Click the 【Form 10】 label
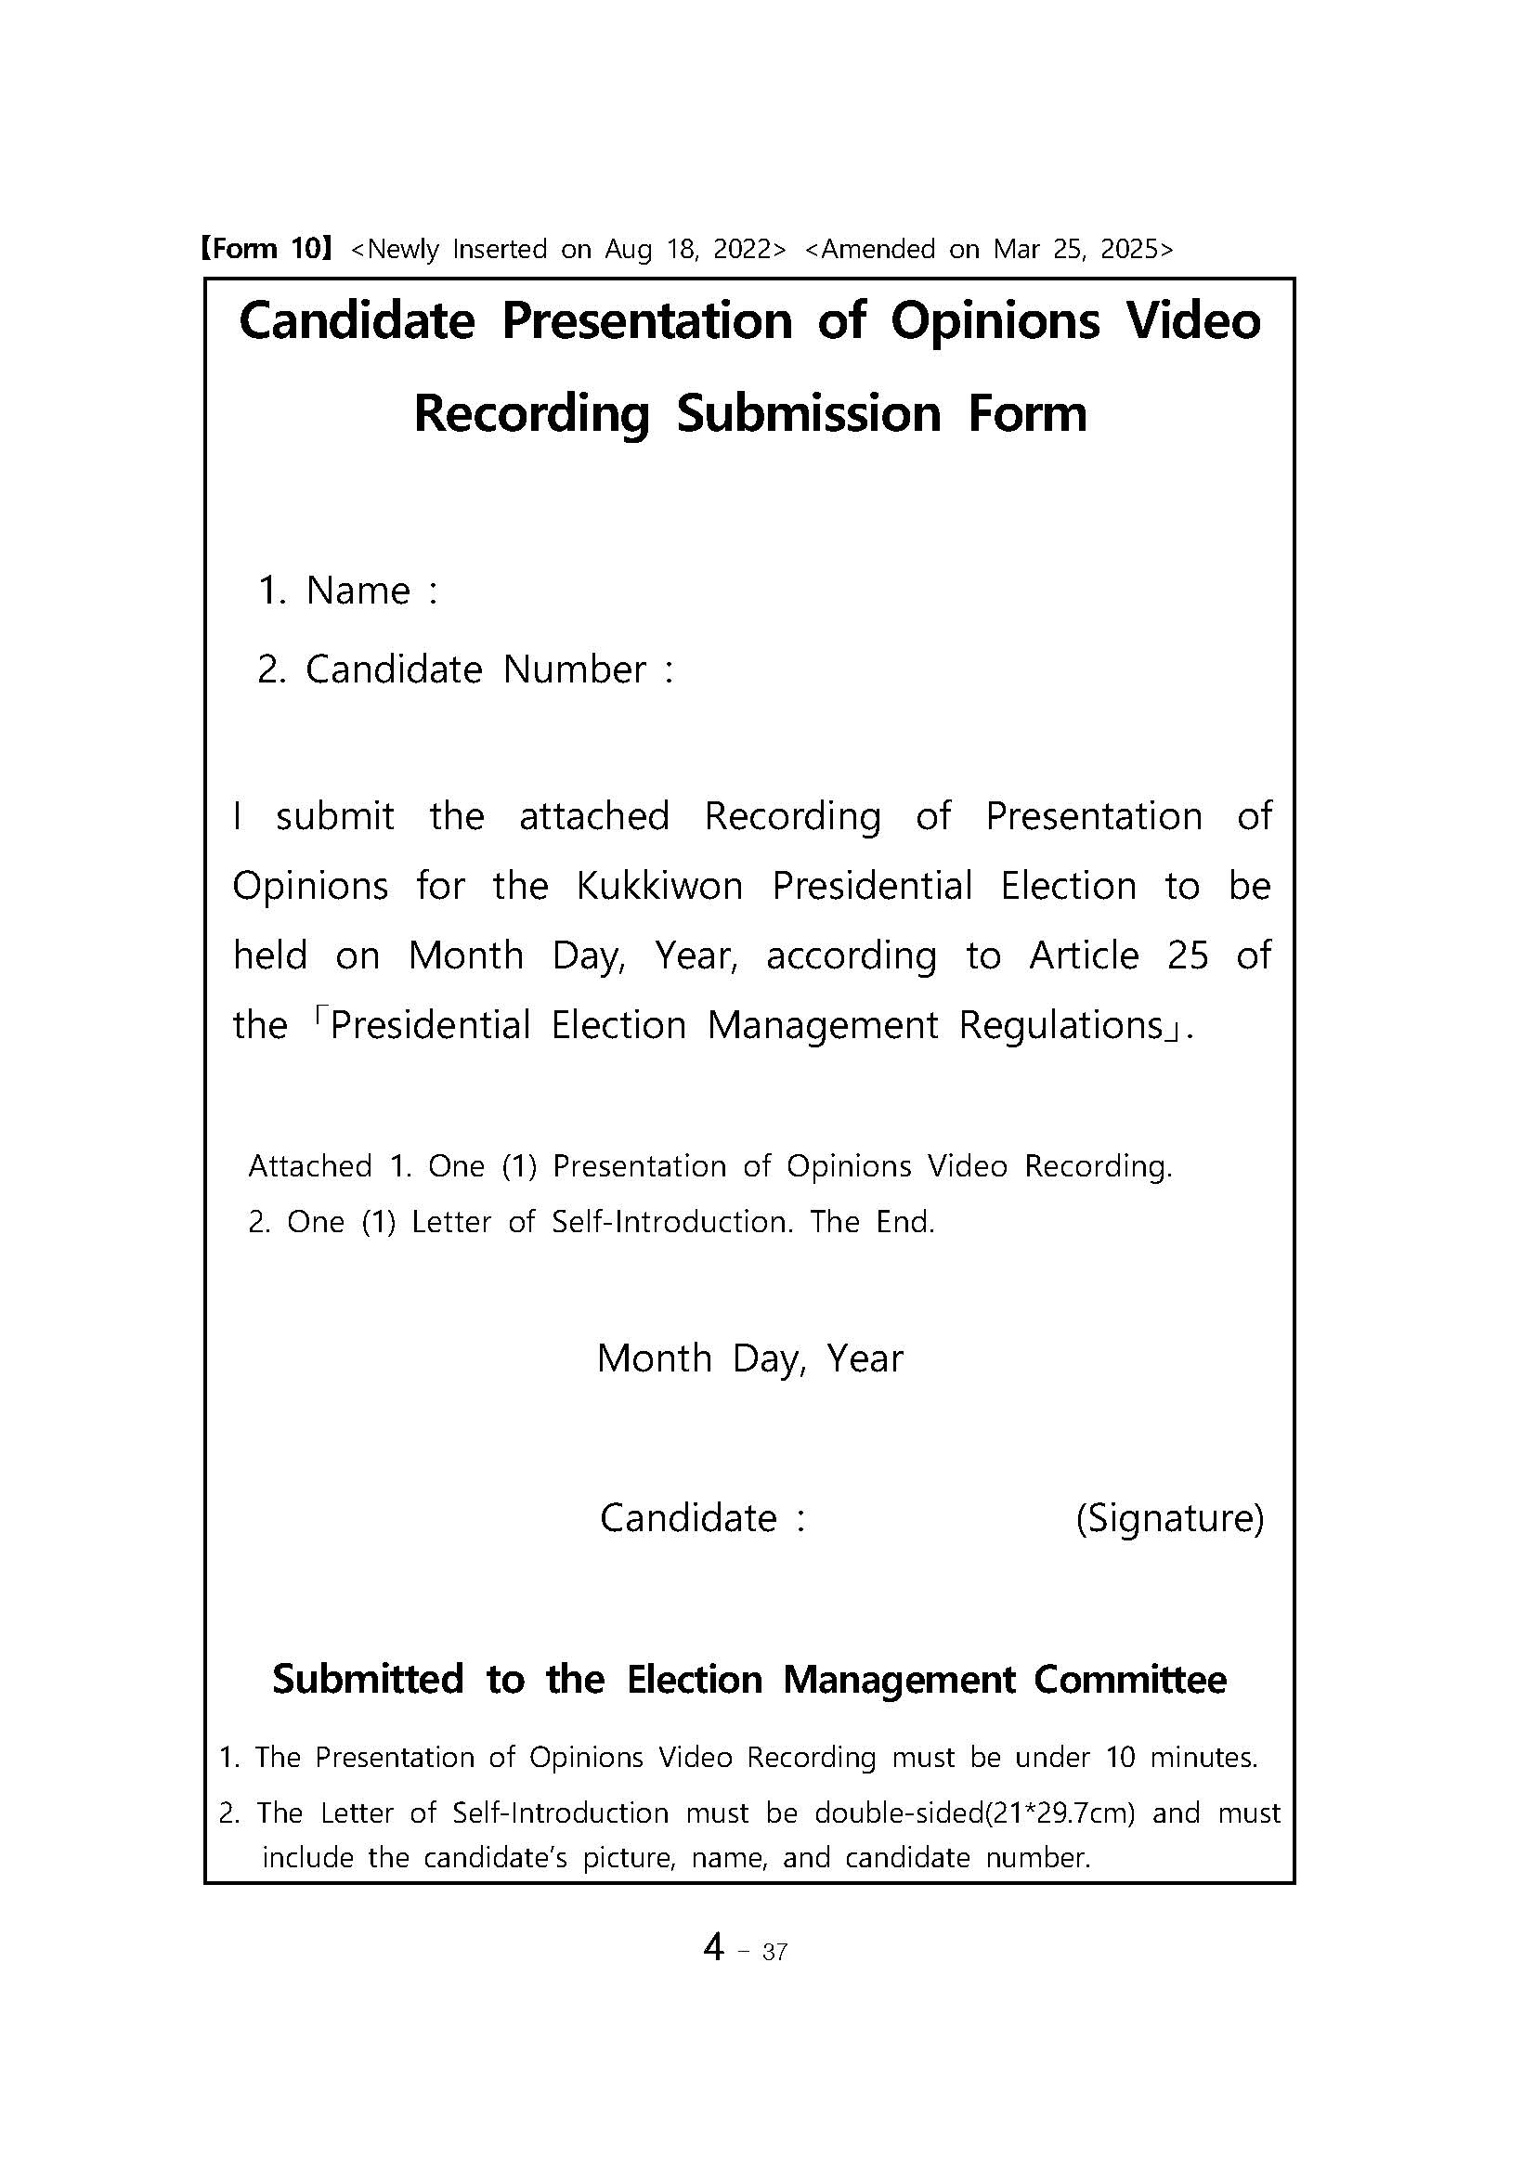pos(265,250)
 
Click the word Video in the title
pos(1193,321)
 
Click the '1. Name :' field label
pos(348,591)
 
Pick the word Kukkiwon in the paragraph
pos(659,887)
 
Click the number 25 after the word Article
pos(1187,956)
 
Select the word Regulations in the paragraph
pos(1060,1025)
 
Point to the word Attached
pos(310,1167)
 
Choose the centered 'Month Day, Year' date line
pos(749,1359)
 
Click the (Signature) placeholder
pos(1169,1519)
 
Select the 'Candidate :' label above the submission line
pos(702,1519)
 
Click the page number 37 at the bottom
pos(774,1953)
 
